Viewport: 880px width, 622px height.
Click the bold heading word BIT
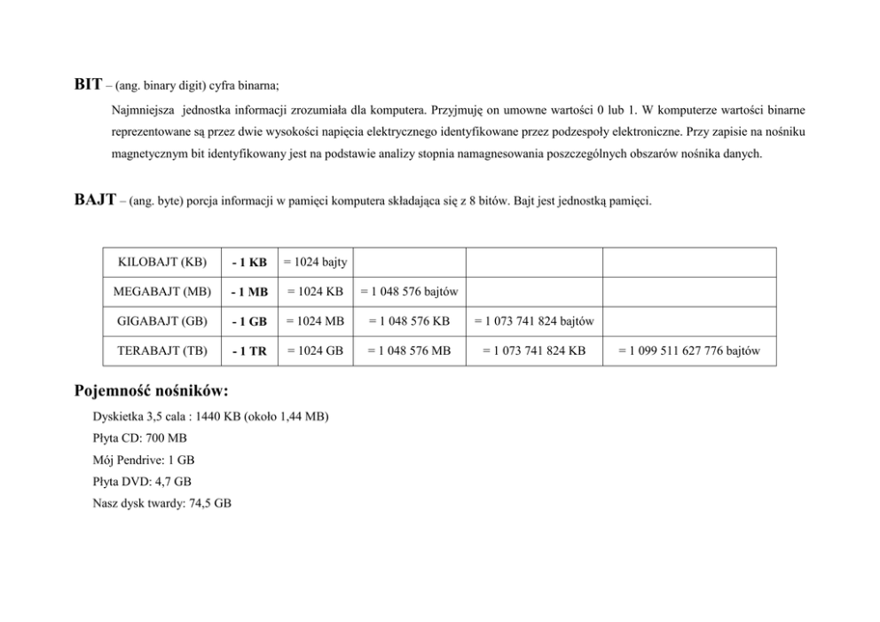point(87,86)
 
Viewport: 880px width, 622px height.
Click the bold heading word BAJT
point(95,201)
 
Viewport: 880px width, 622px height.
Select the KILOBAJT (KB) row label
point(162,262)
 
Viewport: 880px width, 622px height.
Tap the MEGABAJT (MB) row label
point(162,291)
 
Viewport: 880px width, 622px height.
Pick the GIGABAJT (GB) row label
point(162,320)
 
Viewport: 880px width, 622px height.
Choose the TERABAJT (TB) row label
point(162,350)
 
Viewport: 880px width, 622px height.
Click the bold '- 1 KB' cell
point(248,263)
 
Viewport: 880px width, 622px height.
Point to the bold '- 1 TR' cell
point(248,351)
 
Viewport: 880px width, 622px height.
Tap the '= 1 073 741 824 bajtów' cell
point(534,320)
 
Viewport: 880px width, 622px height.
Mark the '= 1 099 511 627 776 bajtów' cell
point(689,350)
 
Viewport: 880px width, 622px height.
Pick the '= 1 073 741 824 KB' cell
point(534,350)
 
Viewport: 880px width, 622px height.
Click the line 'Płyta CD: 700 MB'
point(139,437)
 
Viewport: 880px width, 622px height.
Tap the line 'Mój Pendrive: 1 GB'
point(143,460)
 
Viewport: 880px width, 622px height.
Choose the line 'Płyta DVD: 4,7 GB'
point(141,481)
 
